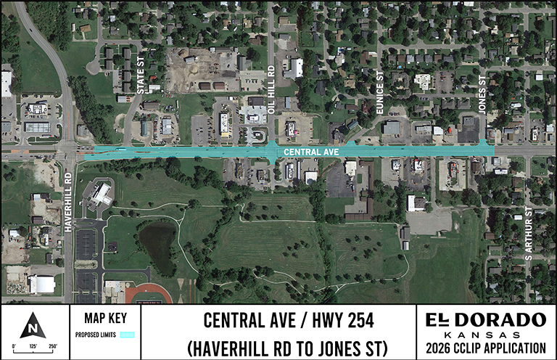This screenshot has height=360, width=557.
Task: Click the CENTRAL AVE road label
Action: [311, 152]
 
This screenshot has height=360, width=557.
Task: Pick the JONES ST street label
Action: [482, 92]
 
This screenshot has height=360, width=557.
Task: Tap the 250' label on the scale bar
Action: [52, 346]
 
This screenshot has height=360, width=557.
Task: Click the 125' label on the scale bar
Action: [33, 346]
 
